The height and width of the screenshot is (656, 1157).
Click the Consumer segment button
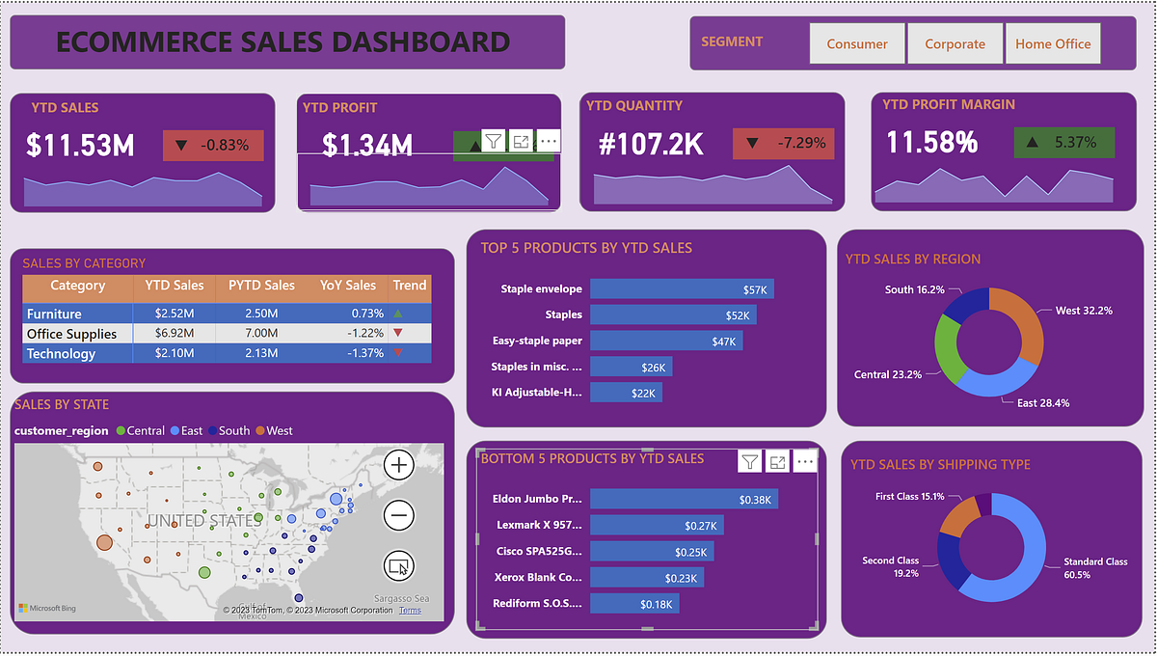pos(856,43)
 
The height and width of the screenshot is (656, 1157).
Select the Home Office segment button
pos(1052,43)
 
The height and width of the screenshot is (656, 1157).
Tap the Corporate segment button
pos(955,43)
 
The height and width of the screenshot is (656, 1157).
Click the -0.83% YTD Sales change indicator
pos(213,146)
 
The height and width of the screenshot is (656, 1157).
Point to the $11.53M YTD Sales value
pos(80,146)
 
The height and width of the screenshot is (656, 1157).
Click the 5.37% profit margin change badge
pos(1063,142)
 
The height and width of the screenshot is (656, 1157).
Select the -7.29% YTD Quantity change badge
pos(783,143)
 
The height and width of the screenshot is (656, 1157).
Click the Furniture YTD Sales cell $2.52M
pos(175,314)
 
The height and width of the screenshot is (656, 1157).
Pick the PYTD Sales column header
pos(261,286)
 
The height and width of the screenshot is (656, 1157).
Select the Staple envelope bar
pos(682,288)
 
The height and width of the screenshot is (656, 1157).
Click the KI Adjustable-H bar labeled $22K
pos(626,393)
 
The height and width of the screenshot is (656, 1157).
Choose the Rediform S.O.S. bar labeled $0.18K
pos(634,603)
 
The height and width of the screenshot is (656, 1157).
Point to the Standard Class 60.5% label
pos(1095,567)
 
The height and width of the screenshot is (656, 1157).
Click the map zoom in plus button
pos(398,465)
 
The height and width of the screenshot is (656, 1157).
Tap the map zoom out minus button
pos(398,515)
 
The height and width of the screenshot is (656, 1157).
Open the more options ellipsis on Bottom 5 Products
pos(805,462)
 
